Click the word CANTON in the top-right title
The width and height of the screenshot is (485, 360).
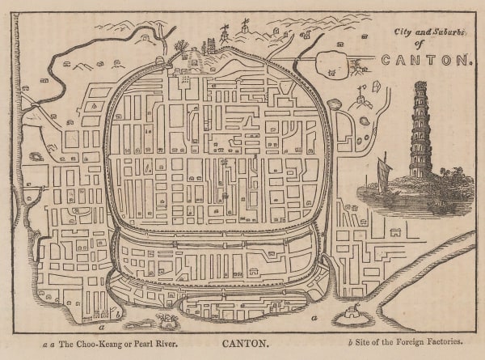point(425,60)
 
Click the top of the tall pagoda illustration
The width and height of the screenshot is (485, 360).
point(420,84)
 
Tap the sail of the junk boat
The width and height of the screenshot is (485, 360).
point(382,172)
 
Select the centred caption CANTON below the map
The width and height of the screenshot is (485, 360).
point(244,344)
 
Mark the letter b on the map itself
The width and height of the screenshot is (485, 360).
point(118,311)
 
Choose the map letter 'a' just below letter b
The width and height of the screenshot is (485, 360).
point(101,328)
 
